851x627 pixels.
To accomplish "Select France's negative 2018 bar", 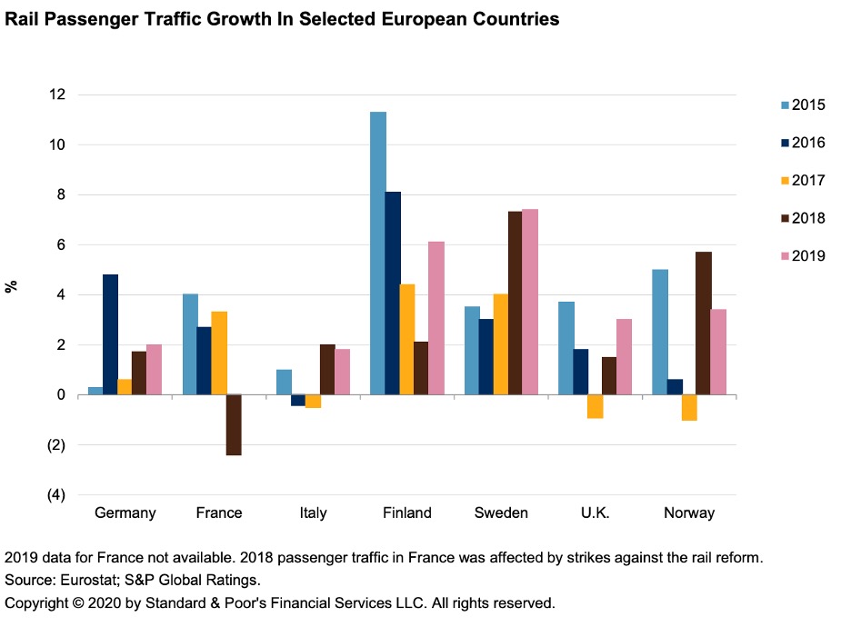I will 234,424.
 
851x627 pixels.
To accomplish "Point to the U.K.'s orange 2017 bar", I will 595,406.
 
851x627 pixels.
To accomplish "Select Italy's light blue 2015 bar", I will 284,382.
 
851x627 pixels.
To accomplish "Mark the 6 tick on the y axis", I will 60,245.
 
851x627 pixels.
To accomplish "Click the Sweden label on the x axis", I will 501,513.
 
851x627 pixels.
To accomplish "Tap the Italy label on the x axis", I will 313,513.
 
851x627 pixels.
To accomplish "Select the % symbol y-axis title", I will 13,286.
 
